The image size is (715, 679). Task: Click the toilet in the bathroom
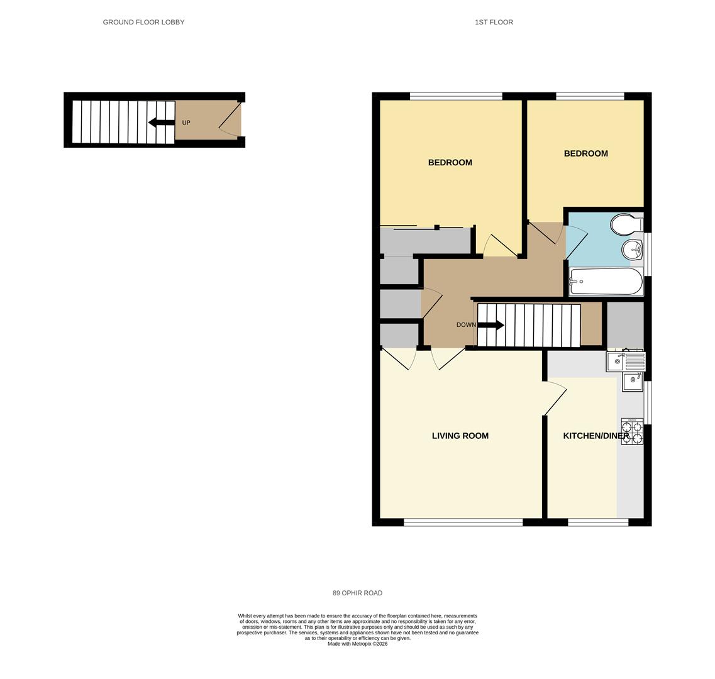pos(627,224)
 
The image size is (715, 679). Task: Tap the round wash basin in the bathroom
pos(632,250)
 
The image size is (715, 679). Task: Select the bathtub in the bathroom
pos(606,282)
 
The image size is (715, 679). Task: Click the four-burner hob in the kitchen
pos(632,431)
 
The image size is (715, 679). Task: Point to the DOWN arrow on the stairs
pos(491,325)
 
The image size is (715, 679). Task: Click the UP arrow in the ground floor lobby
pos(162,122)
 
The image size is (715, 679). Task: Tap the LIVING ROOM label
pos(460,436)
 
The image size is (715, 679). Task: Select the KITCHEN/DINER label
pos(596,436)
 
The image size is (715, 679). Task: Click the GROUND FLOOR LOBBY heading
pos(143,22)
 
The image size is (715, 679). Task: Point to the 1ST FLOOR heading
pos(494,22)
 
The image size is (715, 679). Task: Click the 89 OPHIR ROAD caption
pos(357,593)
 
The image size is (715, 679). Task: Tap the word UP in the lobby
pos(186,123)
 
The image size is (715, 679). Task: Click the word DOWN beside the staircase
pos(466,325)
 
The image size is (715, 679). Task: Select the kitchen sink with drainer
pos(626,362)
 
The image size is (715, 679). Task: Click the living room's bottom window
pos(463,522)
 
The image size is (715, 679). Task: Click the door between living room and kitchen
pos(555,399)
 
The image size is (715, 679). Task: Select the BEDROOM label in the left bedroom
pos(450,163)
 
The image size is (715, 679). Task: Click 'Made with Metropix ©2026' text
pos(357,644)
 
